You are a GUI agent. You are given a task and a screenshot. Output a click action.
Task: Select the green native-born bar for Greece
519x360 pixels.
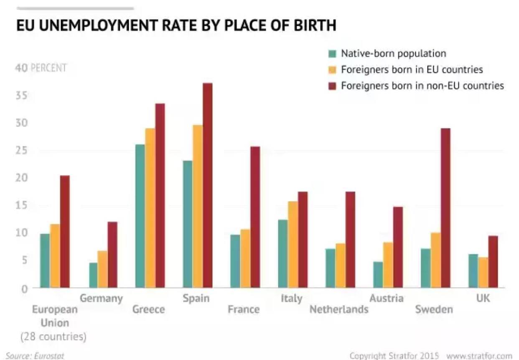coord(140,216)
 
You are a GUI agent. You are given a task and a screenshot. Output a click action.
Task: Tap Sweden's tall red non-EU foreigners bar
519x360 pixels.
coord(445,208)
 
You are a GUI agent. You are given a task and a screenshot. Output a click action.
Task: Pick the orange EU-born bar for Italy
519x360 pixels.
coord(293,244)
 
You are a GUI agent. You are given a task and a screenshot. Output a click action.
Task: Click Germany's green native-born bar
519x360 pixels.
coord(93,275)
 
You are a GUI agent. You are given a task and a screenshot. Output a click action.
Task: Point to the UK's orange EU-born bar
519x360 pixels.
coord(483,272)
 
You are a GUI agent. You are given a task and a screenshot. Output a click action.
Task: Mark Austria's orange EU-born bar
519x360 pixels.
coord(388,265)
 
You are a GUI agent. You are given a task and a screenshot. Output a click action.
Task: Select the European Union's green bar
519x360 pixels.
coord(45,260)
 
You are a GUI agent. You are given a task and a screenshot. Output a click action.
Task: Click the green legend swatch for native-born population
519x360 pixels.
coord(333,54)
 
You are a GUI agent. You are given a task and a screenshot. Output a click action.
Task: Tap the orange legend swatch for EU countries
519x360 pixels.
coord(333,69)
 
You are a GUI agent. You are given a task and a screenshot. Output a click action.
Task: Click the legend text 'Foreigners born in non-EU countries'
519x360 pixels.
coord(422,86)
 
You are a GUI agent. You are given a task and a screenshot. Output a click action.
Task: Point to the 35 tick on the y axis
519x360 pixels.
coord(22,95)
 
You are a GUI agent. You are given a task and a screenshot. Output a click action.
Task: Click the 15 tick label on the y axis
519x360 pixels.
coord(22,205)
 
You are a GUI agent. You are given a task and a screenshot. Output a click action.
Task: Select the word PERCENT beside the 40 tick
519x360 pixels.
coord(48,68)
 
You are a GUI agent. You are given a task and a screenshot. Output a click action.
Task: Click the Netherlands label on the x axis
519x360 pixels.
coord(339,309)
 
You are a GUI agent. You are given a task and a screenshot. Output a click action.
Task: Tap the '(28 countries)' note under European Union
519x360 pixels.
coord(53,337)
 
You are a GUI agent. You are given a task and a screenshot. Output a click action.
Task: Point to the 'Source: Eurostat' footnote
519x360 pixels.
coord(35,356)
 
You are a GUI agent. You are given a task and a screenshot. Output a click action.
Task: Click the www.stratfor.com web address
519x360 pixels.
coord(479,356)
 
